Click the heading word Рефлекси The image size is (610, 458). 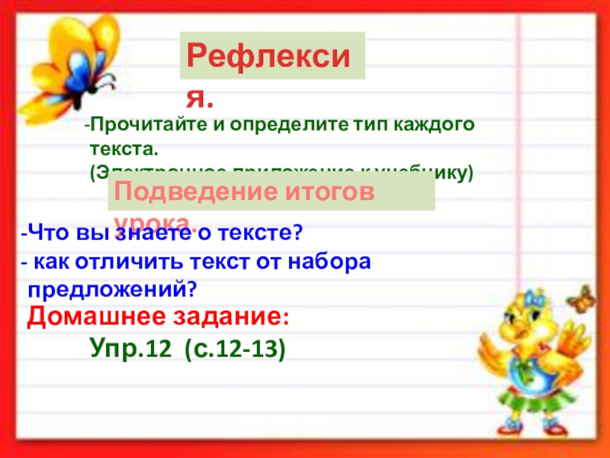(x=271, y=56)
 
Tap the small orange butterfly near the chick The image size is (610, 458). (x=583, y=297)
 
